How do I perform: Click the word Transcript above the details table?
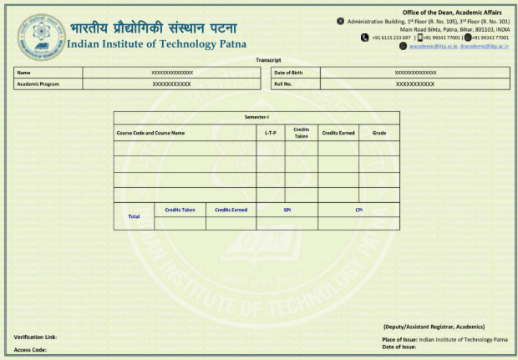pos(268,60)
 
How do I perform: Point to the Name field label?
pos(23,73)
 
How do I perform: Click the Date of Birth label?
pos(288,73)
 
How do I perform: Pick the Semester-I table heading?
pos(256,118)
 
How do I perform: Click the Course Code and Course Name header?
pos(150,133)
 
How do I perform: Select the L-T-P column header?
pos(270,133)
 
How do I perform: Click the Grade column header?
pos(378,133)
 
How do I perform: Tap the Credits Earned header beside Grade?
pos(338,133)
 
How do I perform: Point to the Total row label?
pos(134,216)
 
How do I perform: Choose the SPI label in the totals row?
pos(287,210)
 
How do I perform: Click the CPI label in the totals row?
pos(358,210)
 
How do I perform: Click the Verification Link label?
pos(35,337)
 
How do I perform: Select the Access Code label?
pos(30,349)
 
